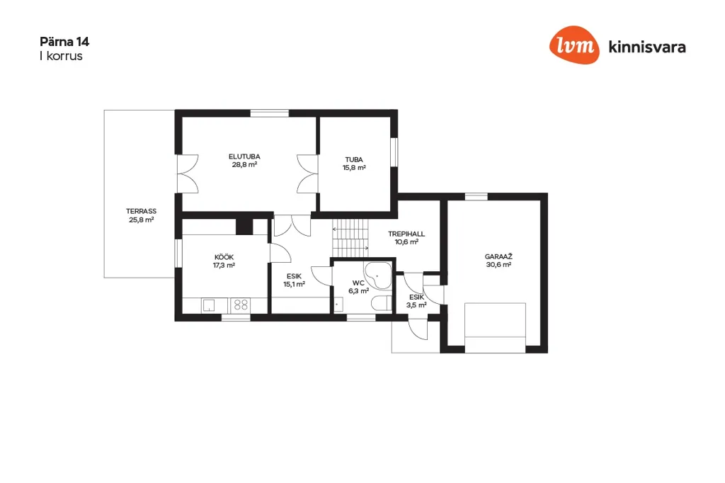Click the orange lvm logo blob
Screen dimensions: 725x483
point(574,45)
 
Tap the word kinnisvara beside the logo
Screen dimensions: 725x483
point(647,47)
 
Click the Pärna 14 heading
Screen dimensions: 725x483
point(64,42)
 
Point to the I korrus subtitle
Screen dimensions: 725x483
point(61,56)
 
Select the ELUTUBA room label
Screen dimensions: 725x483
point(244,157)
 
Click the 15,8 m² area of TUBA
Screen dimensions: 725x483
point(354,167)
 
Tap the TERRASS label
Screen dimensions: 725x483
point(141,211)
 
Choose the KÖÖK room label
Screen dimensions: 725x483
point(224,257)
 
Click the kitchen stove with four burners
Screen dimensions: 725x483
point(241,305)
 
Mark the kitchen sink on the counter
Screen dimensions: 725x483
point(209,305)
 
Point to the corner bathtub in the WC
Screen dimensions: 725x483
point(377,275)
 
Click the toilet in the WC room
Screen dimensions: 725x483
point(381,302)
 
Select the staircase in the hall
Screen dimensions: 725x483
point(350,238)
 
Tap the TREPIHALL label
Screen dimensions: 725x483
point(406,234)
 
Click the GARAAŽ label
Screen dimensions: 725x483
point(498,256)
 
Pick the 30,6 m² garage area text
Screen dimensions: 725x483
point(498,265)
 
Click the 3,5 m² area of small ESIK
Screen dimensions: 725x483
point(416,305)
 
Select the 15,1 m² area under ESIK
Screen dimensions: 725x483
point(294,284)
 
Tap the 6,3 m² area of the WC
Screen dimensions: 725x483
point(358,291)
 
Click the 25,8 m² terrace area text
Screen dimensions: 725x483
point(141,220)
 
